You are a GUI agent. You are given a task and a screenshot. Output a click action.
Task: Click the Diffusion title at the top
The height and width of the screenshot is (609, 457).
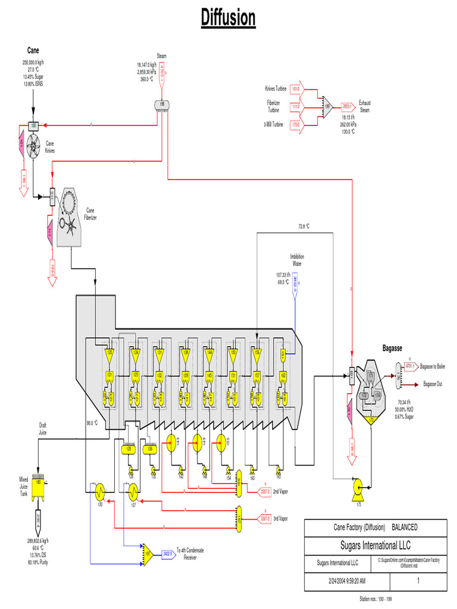228,18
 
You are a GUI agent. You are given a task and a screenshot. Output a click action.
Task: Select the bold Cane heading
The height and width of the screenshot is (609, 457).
33,50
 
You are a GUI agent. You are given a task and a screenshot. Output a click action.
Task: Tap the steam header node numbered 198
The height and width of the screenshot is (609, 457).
161,104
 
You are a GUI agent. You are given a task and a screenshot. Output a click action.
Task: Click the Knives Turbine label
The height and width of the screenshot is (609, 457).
276,89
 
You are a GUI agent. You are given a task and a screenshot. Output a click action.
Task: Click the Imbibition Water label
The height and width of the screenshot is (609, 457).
297,259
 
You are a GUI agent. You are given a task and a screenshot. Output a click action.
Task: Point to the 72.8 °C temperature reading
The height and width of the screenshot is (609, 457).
304,227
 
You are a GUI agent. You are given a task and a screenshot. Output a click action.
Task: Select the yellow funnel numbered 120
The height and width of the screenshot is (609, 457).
109,354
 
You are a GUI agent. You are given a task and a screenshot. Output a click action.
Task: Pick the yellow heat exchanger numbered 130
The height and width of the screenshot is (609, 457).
99,492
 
